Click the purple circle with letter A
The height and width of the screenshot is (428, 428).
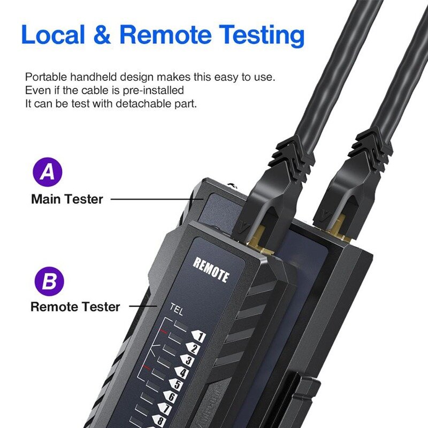click(x=48, y=172)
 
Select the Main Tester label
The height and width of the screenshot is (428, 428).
click(x=67, y=200)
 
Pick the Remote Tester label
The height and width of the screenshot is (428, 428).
click(x=75, y=307)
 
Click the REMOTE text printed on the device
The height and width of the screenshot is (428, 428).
click(x=211, y=270)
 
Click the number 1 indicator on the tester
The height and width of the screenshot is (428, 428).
click(x=198, y=337)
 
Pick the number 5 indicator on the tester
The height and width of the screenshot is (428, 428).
click(x=178, y=384)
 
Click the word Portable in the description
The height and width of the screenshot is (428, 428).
click(x=44, y=77)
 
